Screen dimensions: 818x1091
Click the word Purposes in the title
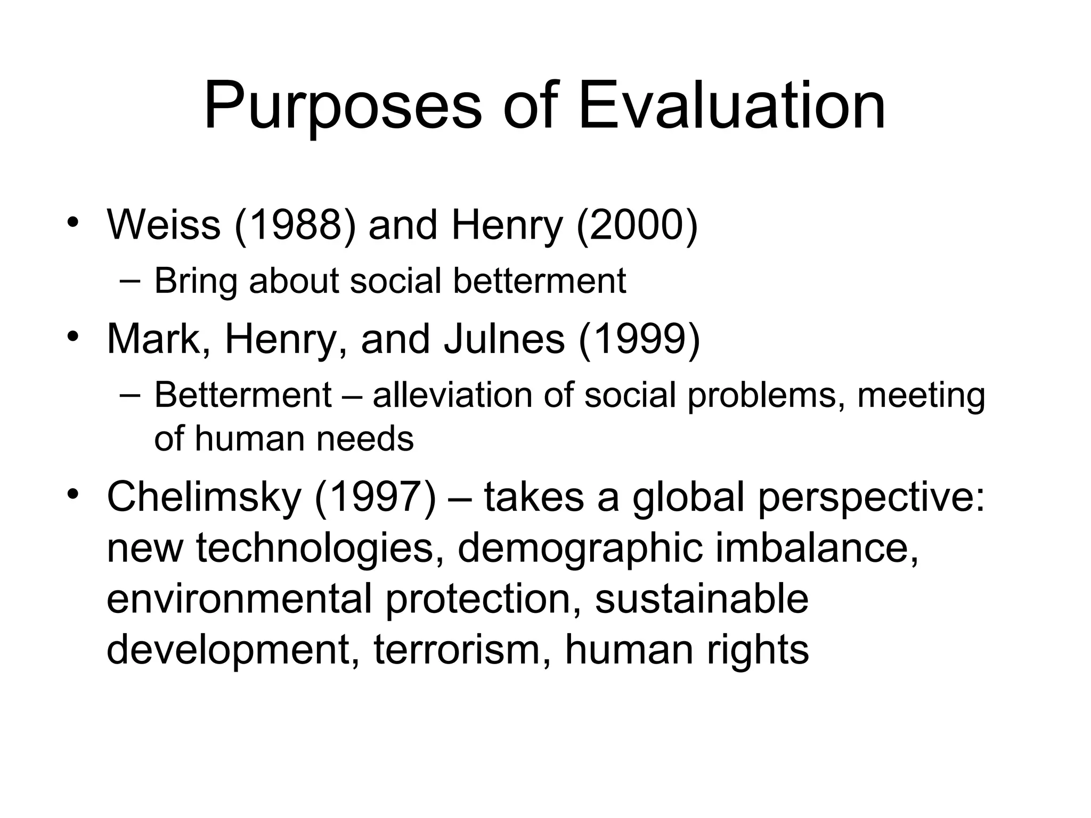342,107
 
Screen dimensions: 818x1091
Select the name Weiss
164,225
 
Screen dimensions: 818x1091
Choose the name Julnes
504,339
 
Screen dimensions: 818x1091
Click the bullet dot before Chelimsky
73,493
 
